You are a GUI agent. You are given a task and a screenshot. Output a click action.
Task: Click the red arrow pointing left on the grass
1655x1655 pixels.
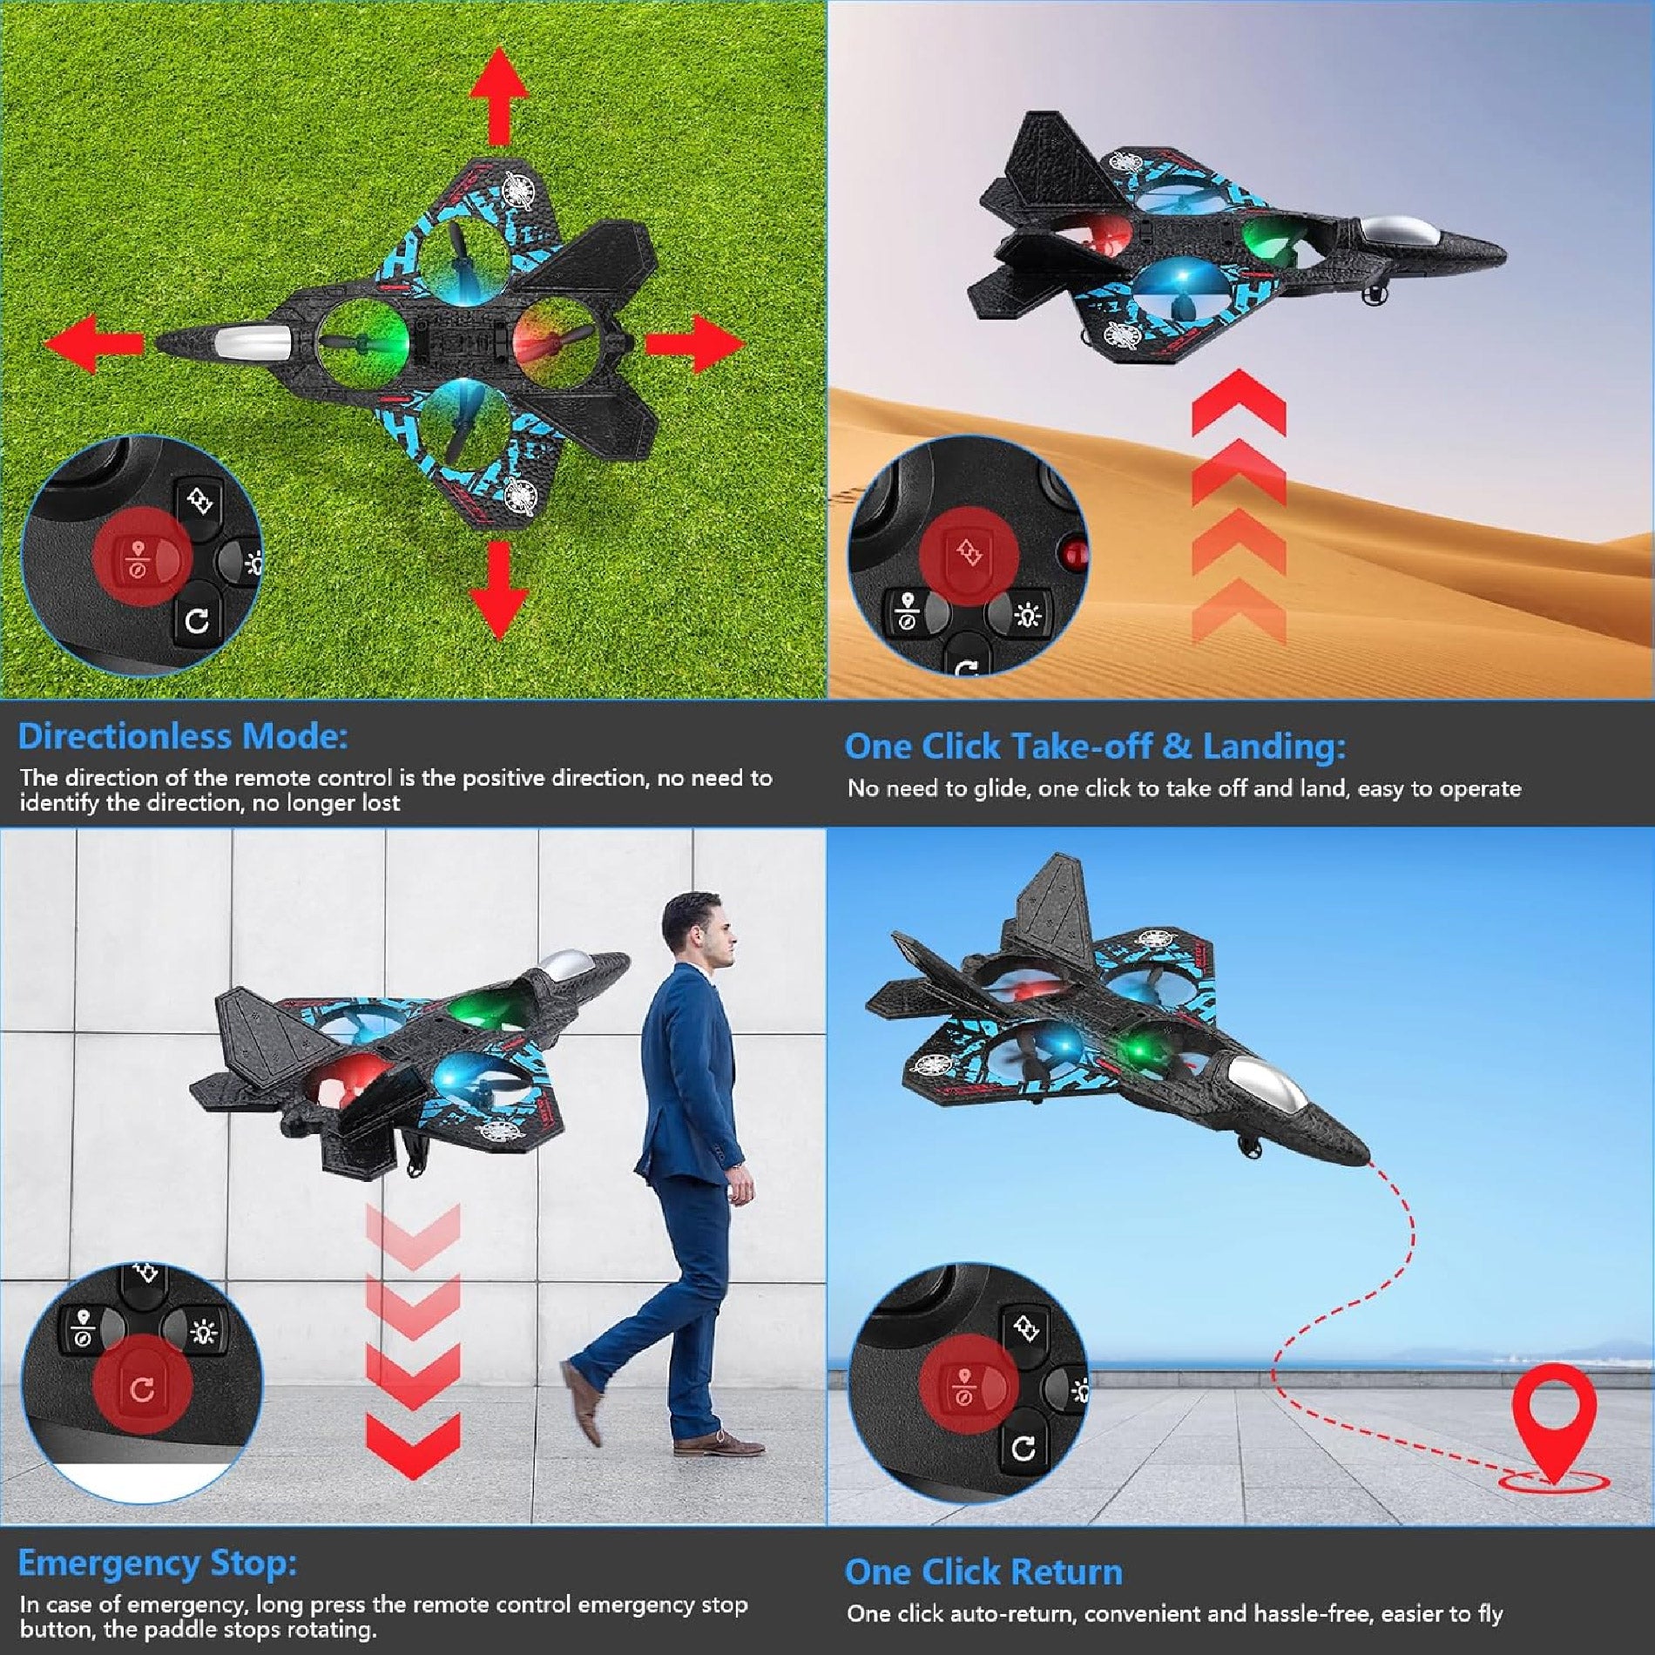(x=91, y=343)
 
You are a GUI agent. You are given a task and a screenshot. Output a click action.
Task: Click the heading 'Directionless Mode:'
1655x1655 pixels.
(x=183, y=737)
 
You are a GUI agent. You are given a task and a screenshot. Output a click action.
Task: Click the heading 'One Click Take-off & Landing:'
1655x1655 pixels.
(x=1095, y=746)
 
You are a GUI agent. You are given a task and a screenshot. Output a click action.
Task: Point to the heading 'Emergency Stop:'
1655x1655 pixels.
(x=158, y=1564)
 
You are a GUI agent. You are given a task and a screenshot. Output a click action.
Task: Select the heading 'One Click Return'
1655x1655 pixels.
(x=983, y=1572)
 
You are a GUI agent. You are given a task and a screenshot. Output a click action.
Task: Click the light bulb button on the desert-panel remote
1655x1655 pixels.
(x=1028, y=615)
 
